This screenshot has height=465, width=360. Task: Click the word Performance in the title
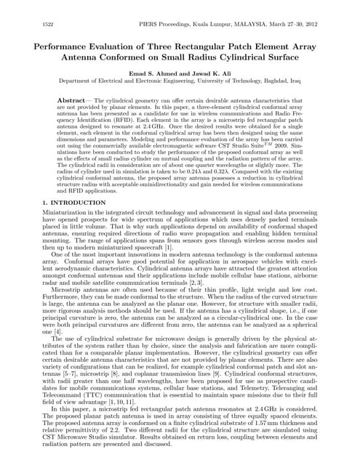[67, 45]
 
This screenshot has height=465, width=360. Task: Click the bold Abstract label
[73, 98]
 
